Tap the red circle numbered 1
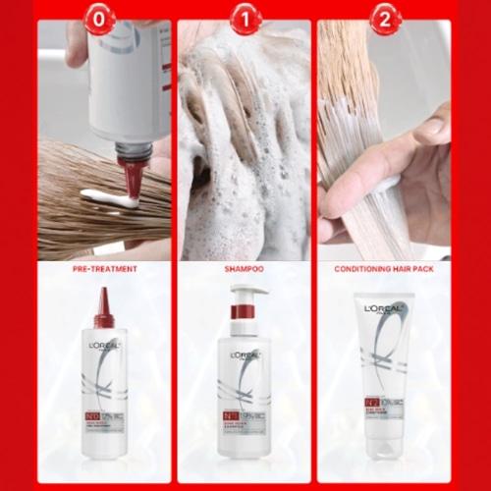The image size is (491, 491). (x=245, y=19)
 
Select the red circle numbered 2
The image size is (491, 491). (x=384, y=19)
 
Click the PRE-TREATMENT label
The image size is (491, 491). (x=104, y=268)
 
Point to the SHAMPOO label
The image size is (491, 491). (x=245, y=268)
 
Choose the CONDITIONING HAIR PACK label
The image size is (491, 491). (x=384, y=268)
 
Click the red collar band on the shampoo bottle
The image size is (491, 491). (x=244, y=311)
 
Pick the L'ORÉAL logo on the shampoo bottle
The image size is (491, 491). (x=245, y=355)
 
